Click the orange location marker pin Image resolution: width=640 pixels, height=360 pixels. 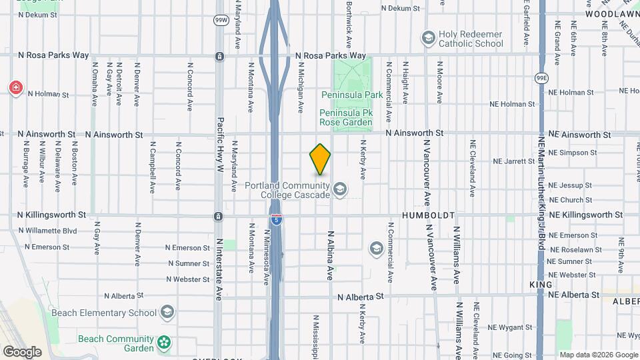tap(320, 159)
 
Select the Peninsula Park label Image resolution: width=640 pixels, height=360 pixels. tap(352, 95)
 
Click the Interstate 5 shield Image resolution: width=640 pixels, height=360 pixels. tap(276, 219)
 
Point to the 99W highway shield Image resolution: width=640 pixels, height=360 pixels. tap(221, 21)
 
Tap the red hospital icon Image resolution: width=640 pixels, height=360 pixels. tap(15, 88)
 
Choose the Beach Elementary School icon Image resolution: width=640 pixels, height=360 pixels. tap(167, 312)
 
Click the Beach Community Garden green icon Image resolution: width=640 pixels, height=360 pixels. tap(164, 344)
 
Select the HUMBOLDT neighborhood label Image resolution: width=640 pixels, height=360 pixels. tap(428, 216)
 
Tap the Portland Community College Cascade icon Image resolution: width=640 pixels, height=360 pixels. tap(341, 190)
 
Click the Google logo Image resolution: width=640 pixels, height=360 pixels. tap(22, 351)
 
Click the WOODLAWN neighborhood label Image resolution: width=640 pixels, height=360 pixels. tap(611, 13)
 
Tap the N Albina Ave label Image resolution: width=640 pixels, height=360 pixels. tap(329, 255)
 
